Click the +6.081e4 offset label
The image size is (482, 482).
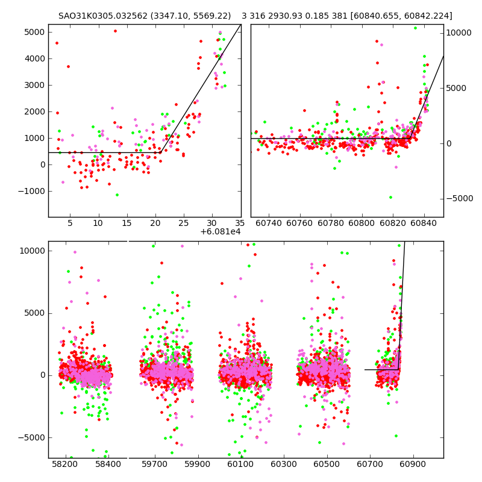[x=220, y=231]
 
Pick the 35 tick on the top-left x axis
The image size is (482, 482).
[x=240, y=224]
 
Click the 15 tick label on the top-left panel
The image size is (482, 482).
[x=127, y=224]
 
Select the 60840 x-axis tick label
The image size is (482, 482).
[x=424, y=224]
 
